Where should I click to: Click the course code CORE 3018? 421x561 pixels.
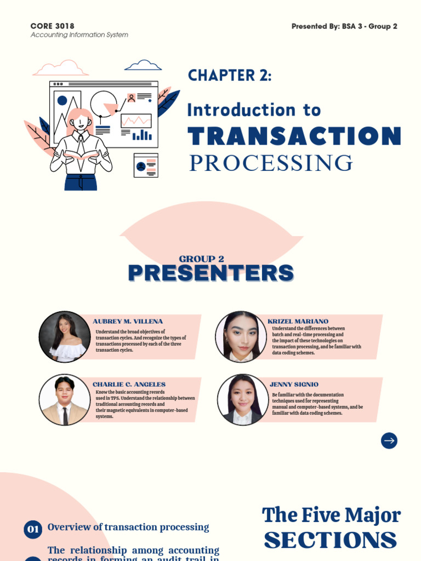(x=53, y=26)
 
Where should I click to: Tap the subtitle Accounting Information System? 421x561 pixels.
(x=79, y=35)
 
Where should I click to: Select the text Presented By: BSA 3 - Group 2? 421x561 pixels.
(x=344, y=26)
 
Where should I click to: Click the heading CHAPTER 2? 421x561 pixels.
(x=230, y=76)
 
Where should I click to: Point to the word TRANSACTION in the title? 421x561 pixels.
(x=294, y=136)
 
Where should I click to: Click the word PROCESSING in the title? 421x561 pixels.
(x=271, y=163)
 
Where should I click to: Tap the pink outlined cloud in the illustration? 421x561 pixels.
(x=60, y=68)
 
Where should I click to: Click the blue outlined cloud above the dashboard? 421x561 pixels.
(x=143, y=66)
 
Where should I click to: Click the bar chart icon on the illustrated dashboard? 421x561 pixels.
(x=142, y=134)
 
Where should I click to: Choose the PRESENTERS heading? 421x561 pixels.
(x=210, y=273)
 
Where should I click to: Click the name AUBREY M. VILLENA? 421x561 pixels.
(x=128, y=322)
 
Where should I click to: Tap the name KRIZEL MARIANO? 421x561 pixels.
(x=298, y=322)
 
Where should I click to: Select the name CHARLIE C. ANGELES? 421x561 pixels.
(x=129, y=385)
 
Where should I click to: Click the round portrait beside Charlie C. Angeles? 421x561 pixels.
(x=65, y=400)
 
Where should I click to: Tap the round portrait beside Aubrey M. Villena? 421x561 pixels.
(x=65, y=337)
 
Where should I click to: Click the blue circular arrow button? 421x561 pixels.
(x=389, y=440)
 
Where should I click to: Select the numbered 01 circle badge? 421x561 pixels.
(x=33, y=529)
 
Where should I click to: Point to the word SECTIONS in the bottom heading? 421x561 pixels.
(x=330, y=540)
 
